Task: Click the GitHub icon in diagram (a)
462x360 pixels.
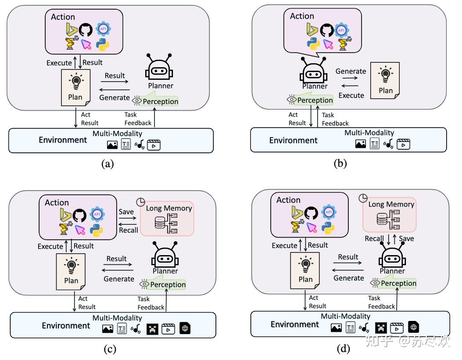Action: (86, 30)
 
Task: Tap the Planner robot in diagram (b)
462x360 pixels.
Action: (315, 71)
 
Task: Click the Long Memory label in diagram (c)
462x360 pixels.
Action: (169, 208)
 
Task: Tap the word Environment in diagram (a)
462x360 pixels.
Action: (63, 140)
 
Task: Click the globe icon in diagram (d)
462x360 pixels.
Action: (413, 327)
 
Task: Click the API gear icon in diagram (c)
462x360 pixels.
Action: (97, 214)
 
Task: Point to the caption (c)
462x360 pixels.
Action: (110, 349)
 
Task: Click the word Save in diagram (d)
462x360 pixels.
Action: (406, 238)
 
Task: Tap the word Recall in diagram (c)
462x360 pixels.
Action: (129, 230)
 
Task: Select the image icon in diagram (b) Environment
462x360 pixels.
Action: (361, 144)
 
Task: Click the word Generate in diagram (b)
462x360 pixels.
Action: (351, 71)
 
